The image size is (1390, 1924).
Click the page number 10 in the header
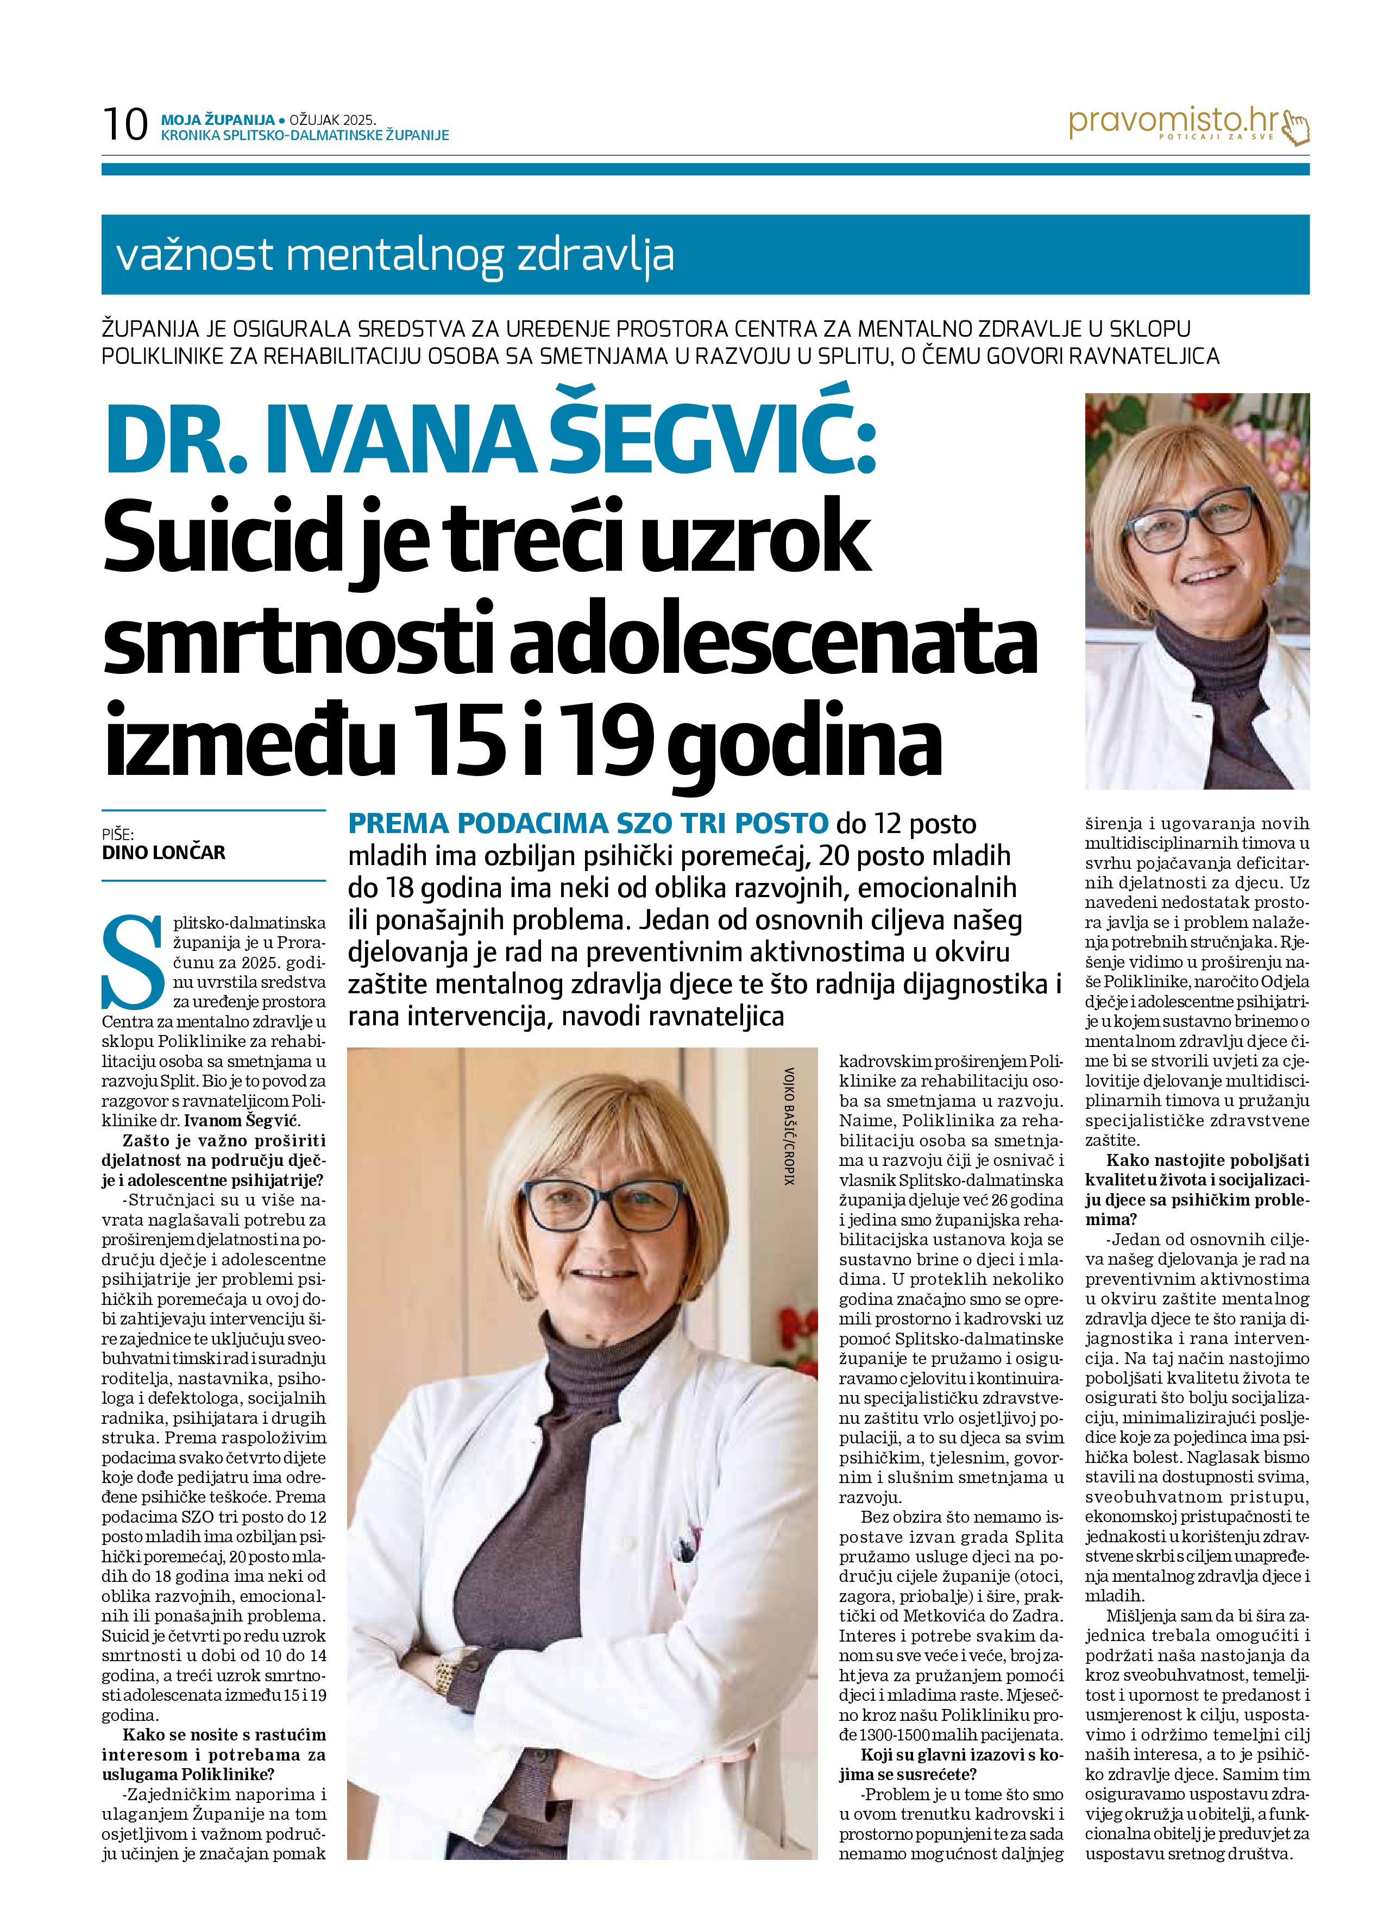(125, 125)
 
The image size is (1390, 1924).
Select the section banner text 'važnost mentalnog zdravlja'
(394, 255)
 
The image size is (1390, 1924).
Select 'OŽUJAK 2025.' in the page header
(332, 121)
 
